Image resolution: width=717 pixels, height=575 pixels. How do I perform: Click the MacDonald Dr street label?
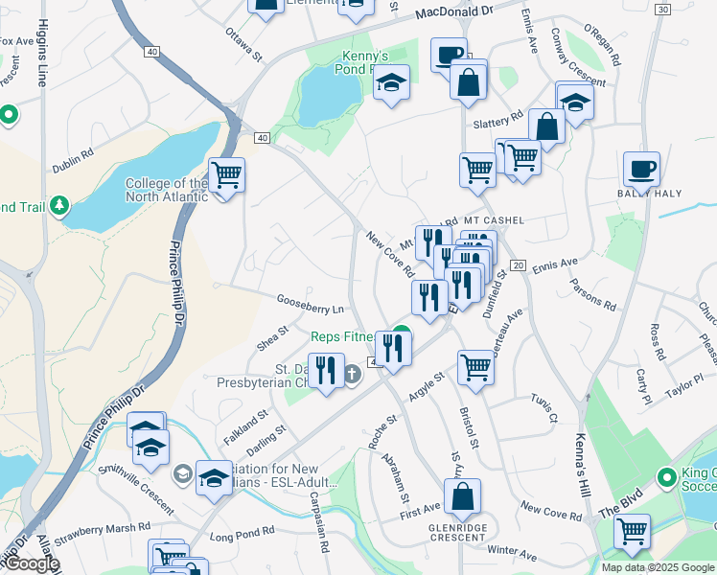pyautogui.click(x=455, y=11)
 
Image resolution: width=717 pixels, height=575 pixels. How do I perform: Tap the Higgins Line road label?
pyautogui.click(x=41, y=57)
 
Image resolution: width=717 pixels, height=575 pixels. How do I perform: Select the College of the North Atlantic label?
pyautogui.click(x=166, y=190)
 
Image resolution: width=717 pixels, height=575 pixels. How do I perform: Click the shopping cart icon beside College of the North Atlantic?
pyautogui.click(x=226, y=175)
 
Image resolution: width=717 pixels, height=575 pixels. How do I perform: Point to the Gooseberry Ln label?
pyautogui.click(x=311, y=309)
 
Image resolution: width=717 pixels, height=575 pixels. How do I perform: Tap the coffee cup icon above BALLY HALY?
pyautogui.click(x=641, y=169)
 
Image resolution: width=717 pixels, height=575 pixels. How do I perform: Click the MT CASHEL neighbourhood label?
pyautogui.click(x=494, y=219)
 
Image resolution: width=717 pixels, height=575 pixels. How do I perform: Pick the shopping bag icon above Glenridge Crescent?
pyautogui.click(x=462, y=496)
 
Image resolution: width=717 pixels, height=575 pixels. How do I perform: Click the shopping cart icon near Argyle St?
pyautogui.click(x=475, y=366)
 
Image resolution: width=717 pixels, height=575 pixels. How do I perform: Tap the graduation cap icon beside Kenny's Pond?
pyautogui.click(x=391, y=83)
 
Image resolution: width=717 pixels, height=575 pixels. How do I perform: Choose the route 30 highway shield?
pyautogui.click(x=662, y=9)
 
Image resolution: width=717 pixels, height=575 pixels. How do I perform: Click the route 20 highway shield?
pyautogui.click(x=518, y=264)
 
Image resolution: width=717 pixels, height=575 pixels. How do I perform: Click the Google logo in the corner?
pyautogui.click(x=31, y=563)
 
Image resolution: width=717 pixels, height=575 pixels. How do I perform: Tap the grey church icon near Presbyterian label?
pyautogui.click(x=352, y=374)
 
